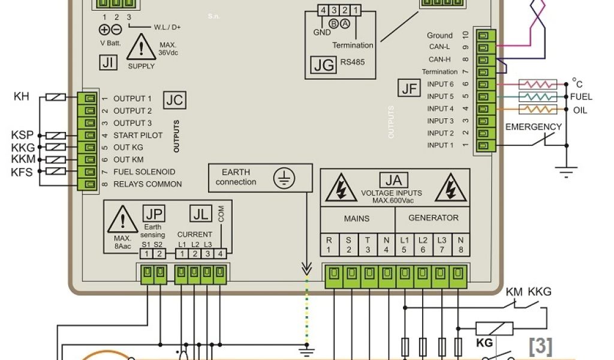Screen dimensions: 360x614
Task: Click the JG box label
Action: [x=324, y=65]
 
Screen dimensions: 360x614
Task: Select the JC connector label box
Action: [x=174, y=100]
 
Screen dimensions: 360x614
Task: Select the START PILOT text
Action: [x=138, y=136]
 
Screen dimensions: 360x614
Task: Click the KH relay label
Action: [x=22, y=96]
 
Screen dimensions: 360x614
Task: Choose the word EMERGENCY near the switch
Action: [x=533, y=127]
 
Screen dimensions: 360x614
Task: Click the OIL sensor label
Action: [x=580, y=110]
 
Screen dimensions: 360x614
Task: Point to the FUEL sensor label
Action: [x=581, y=97]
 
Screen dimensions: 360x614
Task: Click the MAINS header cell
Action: [x=357, y=218]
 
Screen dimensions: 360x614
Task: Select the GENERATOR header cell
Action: [x=433, y=218]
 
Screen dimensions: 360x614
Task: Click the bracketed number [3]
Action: [x=540, y=345]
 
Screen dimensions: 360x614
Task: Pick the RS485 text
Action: [x=352, y=62]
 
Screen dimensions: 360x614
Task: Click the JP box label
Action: [x=152, y=213]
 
